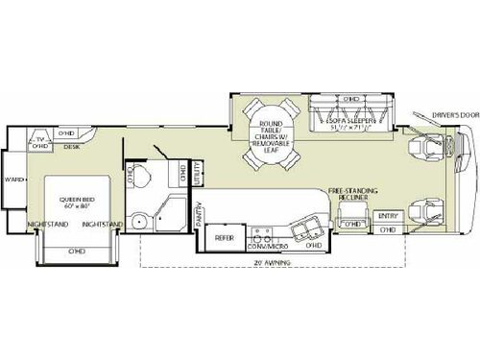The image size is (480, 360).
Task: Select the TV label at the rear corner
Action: (39, 138)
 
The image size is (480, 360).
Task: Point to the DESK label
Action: (72, 148)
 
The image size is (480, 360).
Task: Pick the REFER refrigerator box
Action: (223, 238)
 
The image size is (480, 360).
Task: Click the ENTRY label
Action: (388, 215)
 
